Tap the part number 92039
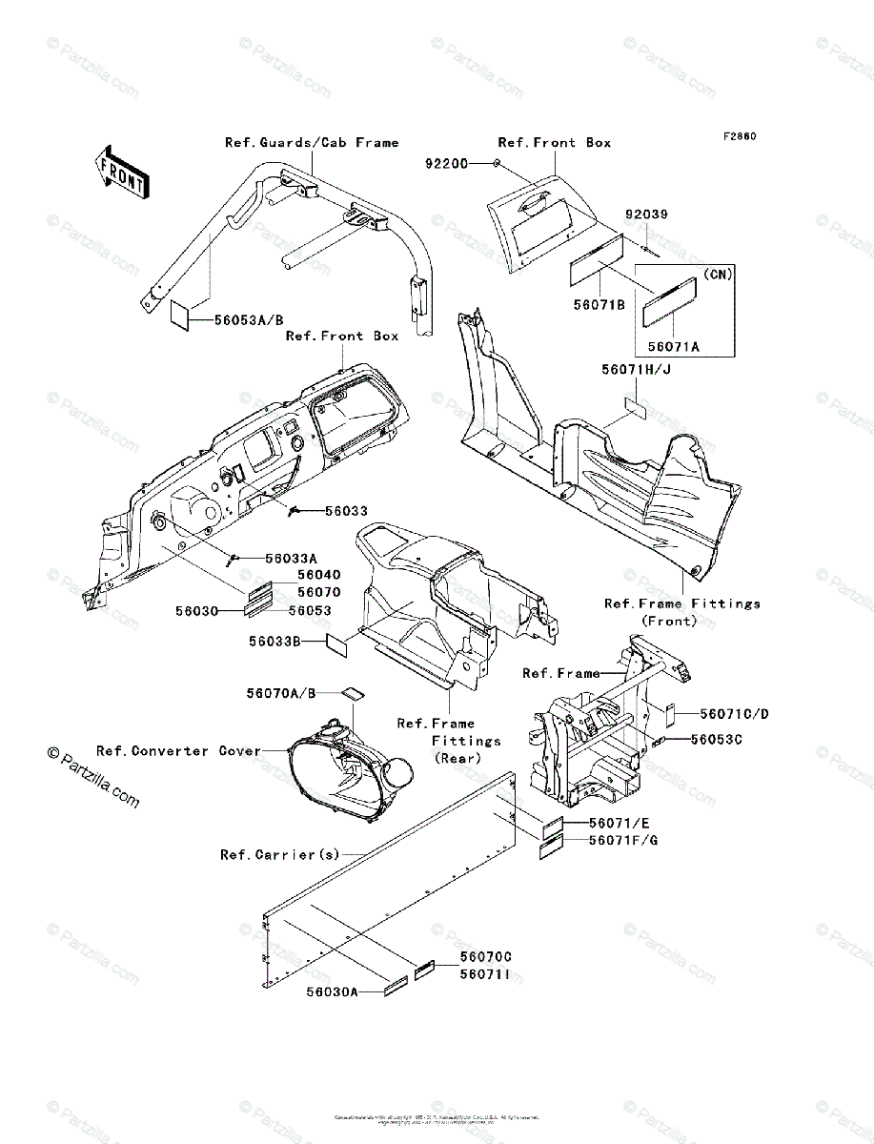click(x=646, y=215)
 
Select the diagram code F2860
click(x=739, y=136)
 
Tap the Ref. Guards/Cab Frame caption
click(x=312, y=142)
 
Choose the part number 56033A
click(x=292, y=559)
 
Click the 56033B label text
click(x=275, y=643)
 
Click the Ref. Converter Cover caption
click(x=178, y=751)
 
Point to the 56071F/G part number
click(x=624, y=840)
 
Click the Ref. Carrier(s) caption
click(x=279, y=854)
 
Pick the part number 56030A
click(x=333, y=992)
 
